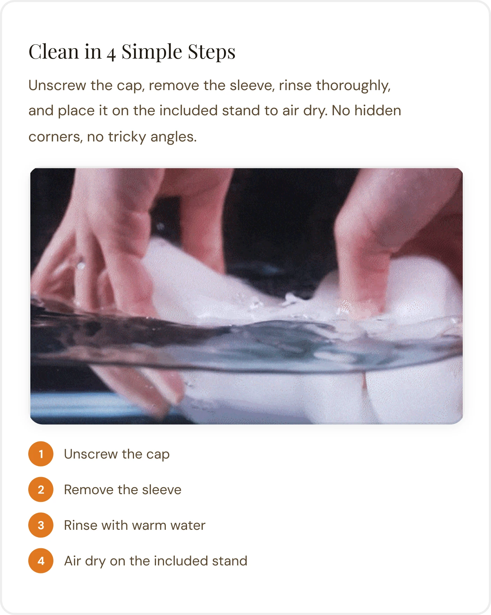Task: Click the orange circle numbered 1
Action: click(x=41, y=454)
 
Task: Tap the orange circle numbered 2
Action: click(x=41, y=490)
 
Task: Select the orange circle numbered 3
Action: click(x=41, y=525)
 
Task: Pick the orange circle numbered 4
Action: click(x=41, y=561)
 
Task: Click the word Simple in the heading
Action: click(x=152, y=52)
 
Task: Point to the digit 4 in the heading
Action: click(x=111, y=54)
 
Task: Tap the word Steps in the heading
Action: click(x=212, y=52)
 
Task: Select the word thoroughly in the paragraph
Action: click(x=353, y=86)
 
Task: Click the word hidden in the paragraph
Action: click(x=378, y=110)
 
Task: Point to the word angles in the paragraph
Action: click(x=173, y=137)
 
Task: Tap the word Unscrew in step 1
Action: click(x=91, y=454)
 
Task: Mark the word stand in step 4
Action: click(x=230, y=561)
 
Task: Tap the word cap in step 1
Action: click(x=158, y=455)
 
